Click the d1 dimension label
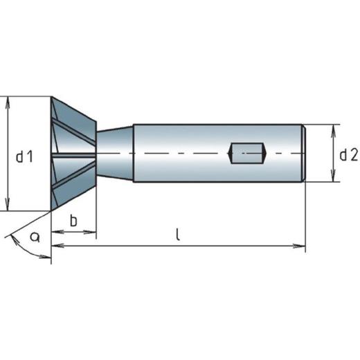pyautogui.click(x=25, y=158)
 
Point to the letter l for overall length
pyautogui.click(x=178, y=235)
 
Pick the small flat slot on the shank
pyautogui.click(x=248, y=153)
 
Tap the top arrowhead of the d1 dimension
pyautogui.click(x=8, y=101)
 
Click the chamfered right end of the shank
pyautogui.click(x=303, y=153)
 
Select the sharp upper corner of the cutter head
pyautogui.click(x=53, y=97)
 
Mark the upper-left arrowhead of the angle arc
pyautogui.click(x=10, y=236)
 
